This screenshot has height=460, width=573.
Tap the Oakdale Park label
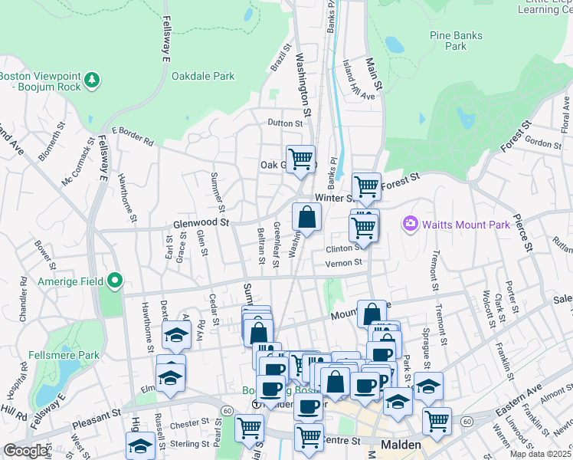(x=203, y=77)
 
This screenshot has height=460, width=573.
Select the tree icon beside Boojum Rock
(x=92, y=80)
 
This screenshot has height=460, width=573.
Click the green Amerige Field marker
(x=115, y=281)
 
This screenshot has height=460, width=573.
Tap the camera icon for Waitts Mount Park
(x=411, y=224)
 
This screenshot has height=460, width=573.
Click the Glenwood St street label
(x=201, y=222)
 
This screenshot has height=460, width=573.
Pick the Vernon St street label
(x=343, y=263)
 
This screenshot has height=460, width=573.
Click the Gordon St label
(x=544, y=143)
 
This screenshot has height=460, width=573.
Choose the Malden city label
(x=401, y=445)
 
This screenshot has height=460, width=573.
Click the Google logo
(x=25, y=452)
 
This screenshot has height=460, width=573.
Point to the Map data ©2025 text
(x=540, y=454)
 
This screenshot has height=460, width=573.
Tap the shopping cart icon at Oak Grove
(x=300, y=159)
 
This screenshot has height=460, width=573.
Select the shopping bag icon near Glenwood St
(x=306, y=217)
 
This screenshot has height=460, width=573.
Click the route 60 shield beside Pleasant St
(x=228, y=412)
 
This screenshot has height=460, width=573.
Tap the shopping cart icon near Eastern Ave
(x=437, y=420)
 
